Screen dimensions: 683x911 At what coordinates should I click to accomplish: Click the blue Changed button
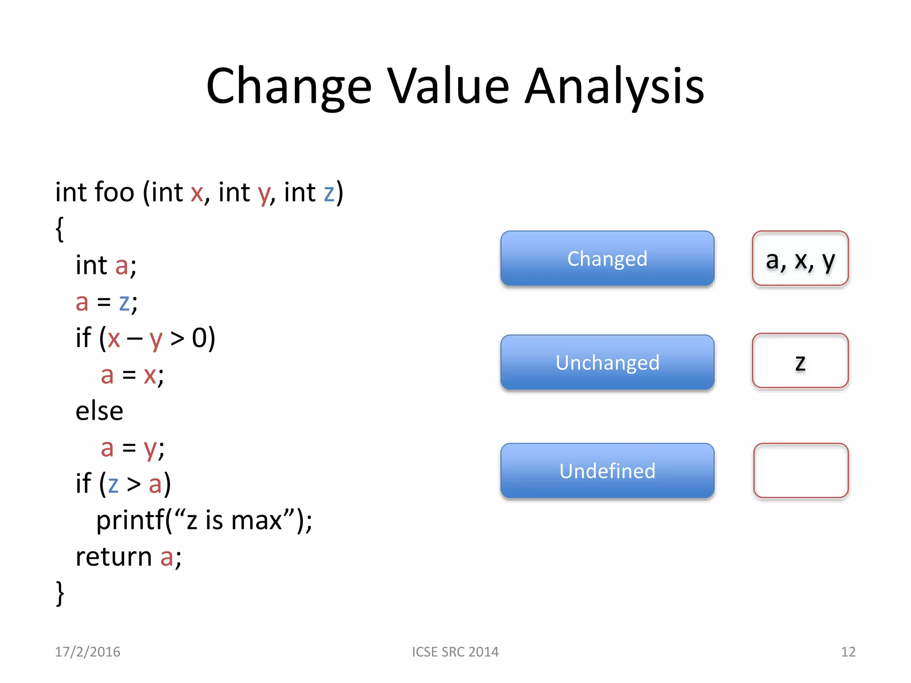pos(607,258)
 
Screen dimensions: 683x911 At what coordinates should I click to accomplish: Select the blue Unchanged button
pos(607,362)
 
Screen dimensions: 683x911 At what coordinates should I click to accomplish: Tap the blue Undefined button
pos(607,470)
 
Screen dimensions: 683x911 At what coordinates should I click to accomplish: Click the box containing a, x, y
pos(800,258)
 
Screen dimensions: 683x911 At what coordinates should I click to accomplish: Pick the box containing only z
pos(800,361)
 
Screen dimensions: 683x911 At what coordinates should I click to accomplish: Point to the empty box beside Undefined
pos(801,470)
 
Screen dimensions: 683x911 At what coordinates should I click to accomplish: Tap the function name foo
pos(114,193)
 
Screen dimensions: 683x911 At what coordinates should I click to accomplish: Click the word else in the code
pos(99,411)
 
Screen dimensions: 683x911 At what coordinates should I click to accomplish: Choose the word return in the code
pos(113,557)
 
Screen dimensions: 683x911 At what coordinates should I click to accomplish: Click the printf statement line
pos(204,520)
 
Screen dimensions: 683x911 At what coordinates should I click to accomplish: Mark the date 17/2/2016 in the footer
pos(88,652)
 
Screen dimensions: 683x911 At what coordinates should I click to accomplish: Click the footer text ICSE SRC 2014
pos(455,652)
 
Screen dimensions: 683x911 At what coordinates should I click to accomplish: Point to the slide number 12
pos(848,652)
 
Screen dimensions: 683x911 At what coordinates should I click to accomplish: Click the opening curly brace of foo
pos(60,229)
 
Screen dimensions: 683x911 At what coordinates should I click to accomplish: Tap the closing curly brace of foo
pos(60,593)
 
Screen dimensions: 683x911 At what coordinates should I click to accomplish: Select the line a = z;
pos(106,302)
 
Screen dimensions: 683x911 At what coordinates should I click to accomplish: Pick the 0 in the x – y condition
pos(198,338)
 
